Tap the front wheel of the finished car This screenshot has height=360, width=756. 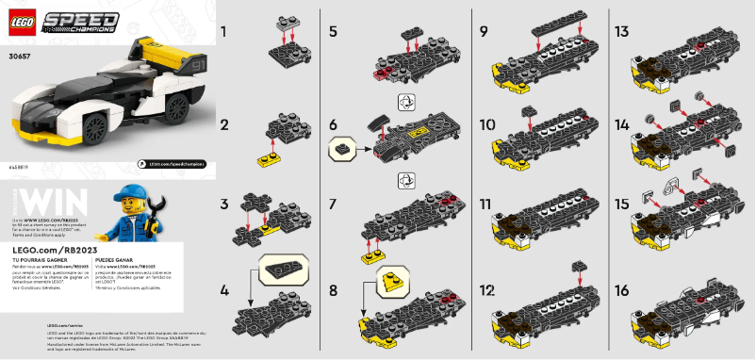pyautogui.click(x=97, y=128)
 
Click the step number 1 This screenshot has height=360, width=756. pyautogui.click(x=223, y=32)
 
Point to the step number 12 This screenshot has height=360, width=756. pyautogui.click(x=487, y=292)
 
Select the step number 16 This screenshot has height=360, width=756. pyautogui.click(x=620, y=292)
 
